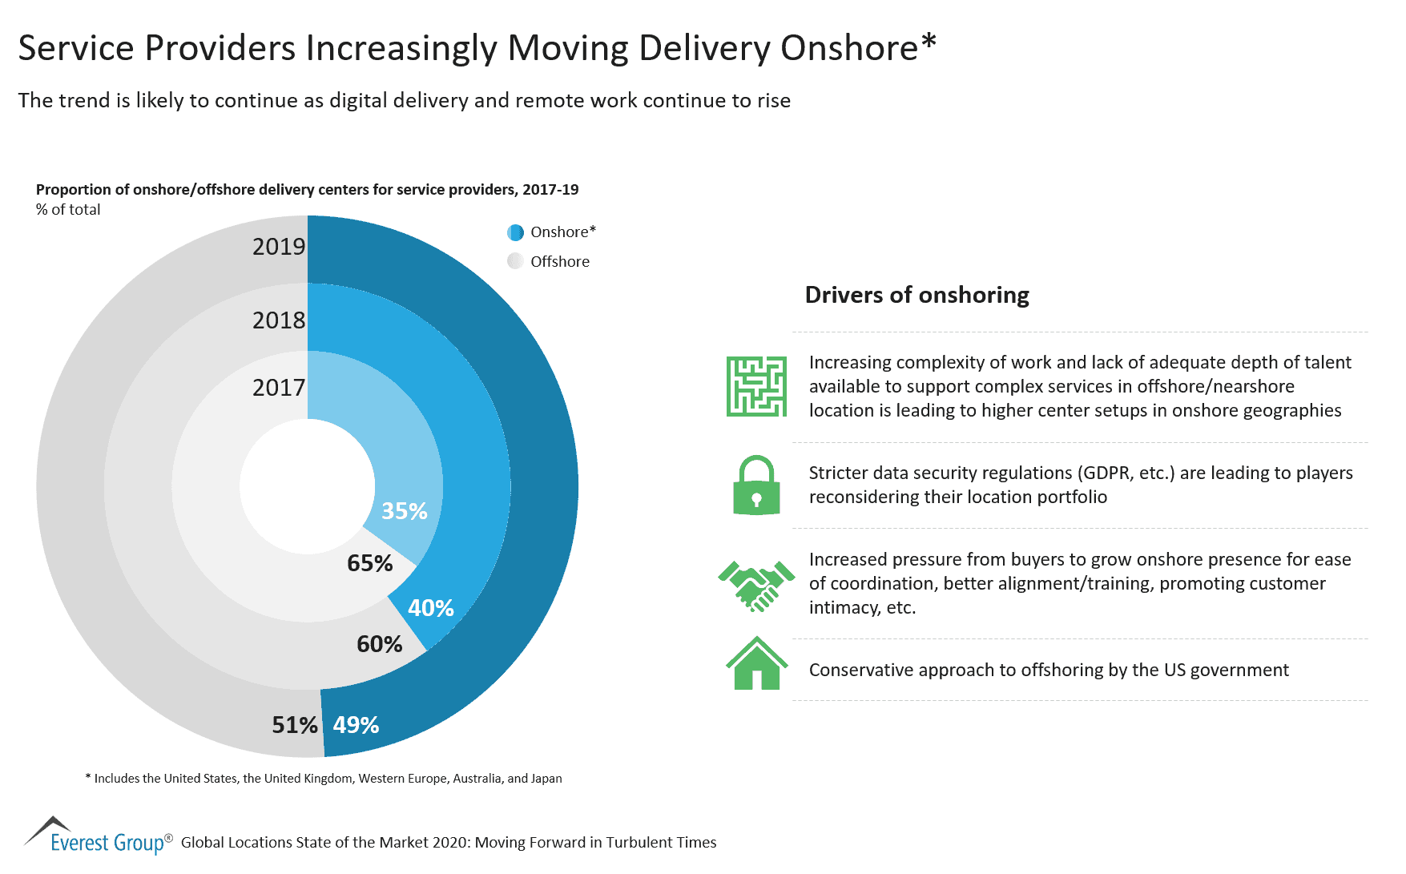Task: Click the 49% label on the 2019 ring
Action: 356,725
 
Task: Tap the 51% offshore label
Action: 295,725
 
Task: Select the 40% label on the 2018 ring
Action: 431,608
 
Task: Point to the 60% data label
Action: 380,644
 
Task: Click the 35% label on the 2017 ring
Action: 405,511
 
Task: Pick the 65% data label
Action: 370,563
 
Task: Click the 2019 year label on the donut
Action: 279,247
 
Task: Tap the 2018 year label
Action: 279,320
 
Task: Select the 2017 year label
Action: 279,388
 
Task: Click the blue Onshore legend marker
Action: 516,232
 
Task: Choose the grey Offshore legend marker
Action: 516,261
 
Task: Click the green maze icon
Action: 756,386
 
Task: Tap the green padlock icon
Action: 756,485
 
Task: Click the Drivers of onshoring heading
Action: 917,295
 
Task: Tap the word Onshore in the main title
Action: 849,48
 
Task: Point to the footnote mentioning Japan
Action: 323,779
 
